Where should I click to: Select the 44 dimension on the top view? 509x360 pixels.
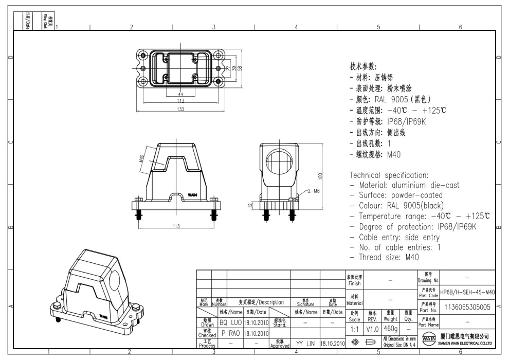pyautogui.click(x=181, y=95)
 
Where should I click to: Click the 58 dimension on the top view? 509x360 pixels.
pyautogui.click(x=240, y=68)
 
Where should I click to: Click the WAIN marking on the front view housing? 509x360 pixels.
pyautogui.click(x=192, y=196)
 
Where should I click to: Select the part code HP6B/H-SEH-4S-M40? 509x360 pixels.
pyautogui.click(x=467, y=292)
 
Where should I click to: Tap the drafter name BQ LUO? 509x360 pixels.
pyautogui.click(x=230, y=323)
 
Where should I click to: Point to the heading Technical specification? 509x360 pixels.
pyautogui.click(x=389, y=175)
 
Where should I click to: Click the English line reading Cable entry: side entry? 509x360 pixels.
pyautogui.click(x=395, y=237)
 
